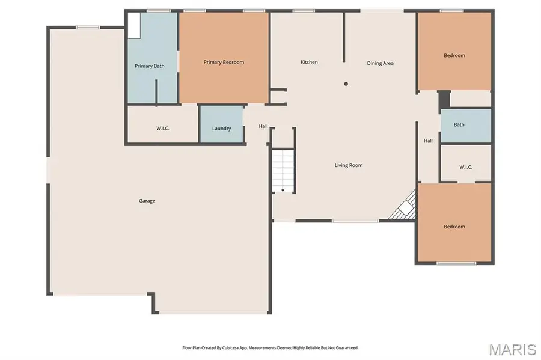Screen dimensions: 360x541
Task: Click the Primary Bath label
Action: pyautogui.click(x=149, y=66)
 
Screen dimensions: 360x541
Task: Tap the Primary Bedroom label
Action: pyautogui.click(x=224, y=62)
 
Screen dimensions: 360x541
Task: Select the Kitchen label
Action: pyautogui.click(x=309, y=62)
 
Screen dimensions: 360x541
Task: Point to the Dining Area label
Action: pyautogui.click(x=380, y=63)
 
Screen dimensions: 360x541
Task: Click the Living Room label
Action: pyautogui.click(x=349, y=165)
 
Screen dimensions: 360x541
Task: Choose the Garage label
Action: pyautogui.click(x=147, y=201)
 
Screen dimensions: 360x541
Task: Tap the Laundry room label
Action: pyautogui.click(x=221, y=128)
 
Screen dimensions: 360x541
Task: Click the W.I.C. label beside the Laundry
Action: pyautogui.click(x=162, y=128)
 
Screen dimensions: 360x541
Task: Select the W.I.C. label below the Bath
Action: pyautogui.click(x=466, y=166)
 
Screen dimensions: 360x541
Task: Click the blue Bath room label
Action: pyautogui.click(x=459, y=125)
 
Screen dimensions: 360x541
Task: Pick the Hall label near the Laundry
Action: pyautogui.click(x=263, y=126)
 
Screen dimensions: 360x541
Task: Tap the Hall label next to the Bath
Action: pyautogui.click(x=428, y=141)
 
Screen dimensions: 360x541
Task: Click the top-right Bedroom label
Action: pyautogui.click(x=454, y=56)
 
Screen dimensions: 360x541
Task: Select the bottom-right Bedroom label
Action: pyautogui.click(x=454, y=227)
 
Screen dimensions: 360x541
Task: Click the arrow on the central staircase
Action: pyautogui.click(x=283, y=188)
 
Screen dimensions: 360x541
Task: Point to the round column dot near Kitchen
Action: pyautogui.click(x=346, y=84)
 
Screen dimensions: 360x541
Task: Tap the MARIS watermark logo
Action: pyautogui.click(x=512, y=349)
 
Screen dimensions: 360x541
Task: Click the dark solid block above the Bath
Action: pyautogui.click(x=444, y=100)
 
